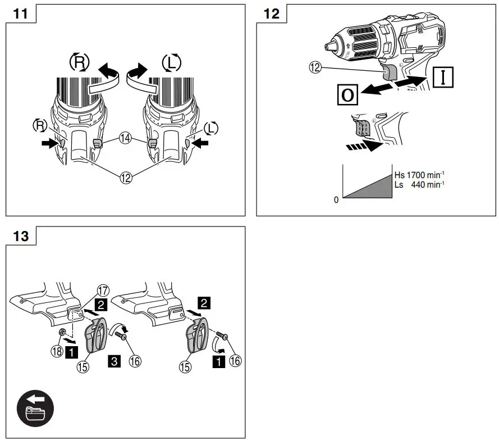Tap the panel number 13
[21, 235]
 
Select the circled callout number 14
[125, 138]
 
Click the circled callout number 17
[102, 291]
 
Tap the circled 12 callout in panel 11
[125, 178]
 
